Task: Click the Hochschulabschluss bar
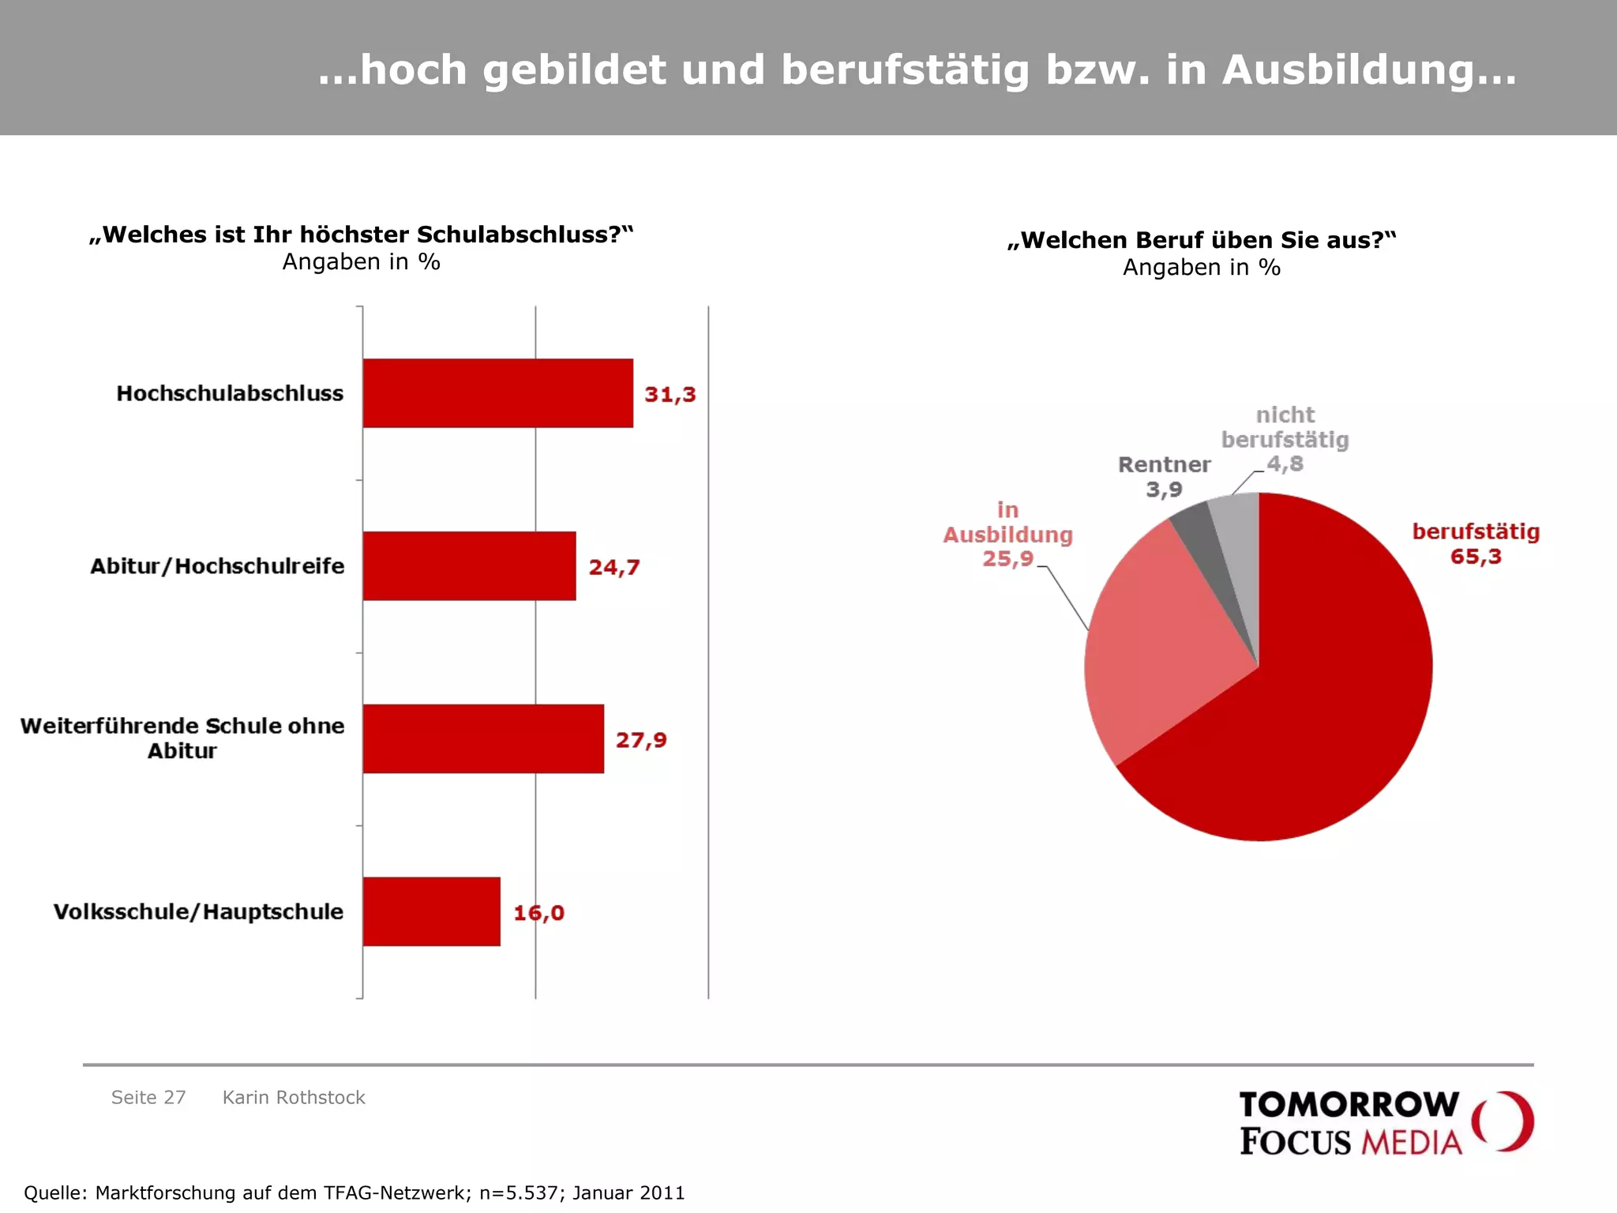click(x=497, y=393)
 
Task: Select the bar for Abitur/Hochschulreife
click(x=469, y=566)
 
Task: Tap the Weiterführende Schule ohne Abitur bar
click(x=483, y=738)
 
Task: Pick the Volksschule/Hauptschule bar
click(x=431, y=911)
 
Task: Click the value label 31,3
click(x=670, y=394)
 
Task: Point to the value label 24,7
click(x=613, y=567)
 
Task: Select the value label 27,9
click(x=641, y=740)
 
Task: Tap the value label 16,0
click(x=538, y=913)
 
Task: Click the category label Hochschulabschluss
click(x=230, y=393)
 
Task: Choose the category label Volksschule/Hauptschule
click(x=198, y=911)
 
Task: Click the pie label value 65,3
click(x=1476, y=557)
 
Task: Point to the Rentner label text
click(x=1164, y=464)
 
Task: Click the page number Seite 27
click(x=148, y=1098)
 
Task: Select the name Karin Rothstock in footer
click(x=294, y=1098)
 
